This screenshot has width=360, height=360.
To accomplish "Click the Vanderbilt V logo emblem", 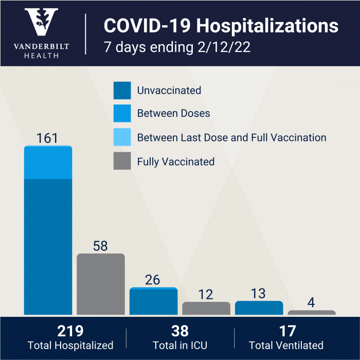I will point(42,23).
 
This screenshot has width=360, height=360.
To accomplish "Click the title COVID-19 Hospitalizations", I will point(221,26).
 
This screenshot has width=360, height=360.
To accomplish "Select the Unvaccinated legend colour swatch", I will point(122,91).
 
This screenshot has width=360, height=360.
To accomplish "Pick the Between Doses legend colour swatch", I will point(122,113).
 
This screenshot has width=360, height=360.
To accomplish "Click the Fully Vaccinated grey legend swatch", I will point(122,161).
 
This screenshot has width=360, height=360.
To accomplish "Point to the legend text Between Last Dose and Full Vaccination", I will point(231,137).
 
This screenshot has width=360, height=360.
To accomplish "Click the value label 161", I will point(47,138).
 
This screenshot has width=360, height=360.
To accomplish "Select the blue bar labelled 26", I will point(153,302).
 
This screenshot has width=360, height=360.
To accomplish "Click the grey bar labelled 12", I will point(206,309).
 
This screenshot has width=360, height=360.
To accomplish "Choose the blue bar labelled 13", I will point(259,308).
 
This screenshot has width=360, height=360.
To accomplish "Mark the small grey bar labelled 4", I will point(312,312).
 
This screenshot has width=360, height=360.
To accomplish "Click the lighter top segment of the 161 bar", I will point(48,163).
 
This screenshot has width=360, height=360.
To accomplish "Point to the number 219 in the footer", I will point(70,331).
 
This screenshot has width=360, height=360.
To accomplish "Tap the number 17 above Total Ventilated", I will point(286,331).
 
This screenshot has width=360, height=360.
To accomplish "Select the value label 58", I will point(100,246).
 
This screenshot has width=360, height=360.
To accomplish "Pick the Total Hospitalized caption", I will point(70,346).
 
